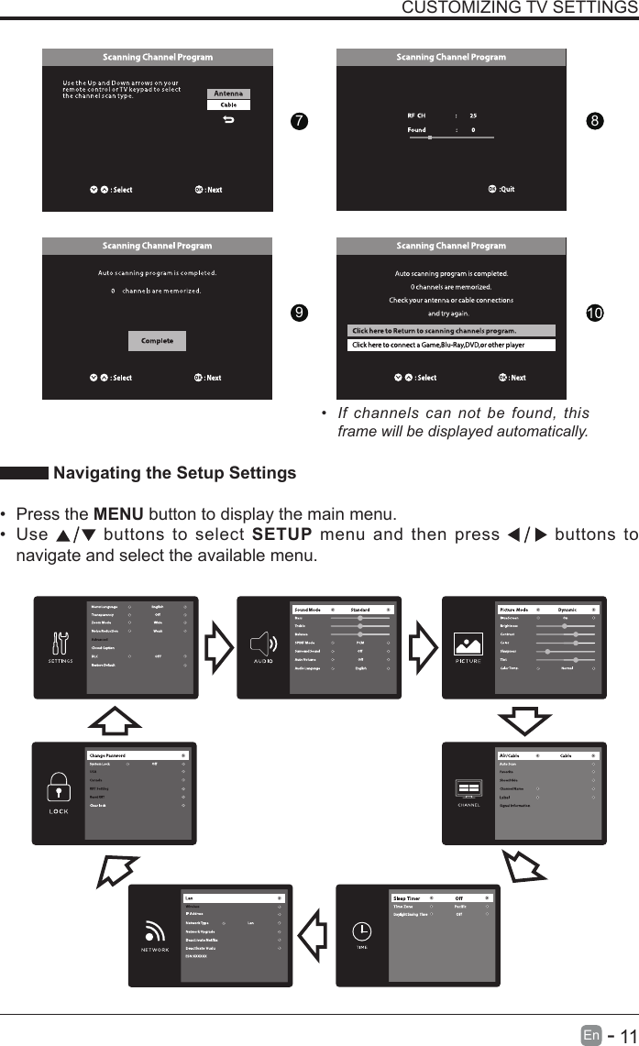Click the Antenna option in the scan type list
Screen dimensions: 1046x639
(229, 94)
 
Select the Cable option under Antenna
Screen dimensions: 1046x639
(229, 105)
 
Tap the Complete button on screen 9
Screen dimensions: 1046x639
(157, 340)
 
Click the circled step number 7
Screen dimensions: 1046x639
(296, 123)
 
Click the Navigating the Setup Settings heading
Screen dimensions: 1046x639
(175, 473)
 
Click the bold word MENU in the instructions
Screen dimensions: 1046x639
(116, 512)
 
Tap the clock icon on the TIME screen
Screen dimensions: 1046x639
(363, 930)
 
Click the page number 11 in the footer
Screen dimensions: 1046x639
(626, 1035)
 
